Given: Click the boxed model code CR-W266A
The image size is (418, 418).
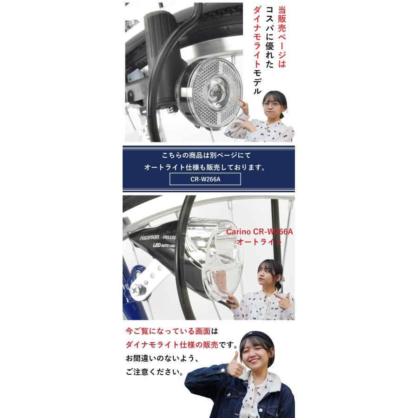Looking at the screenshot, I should coord(205,180).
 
